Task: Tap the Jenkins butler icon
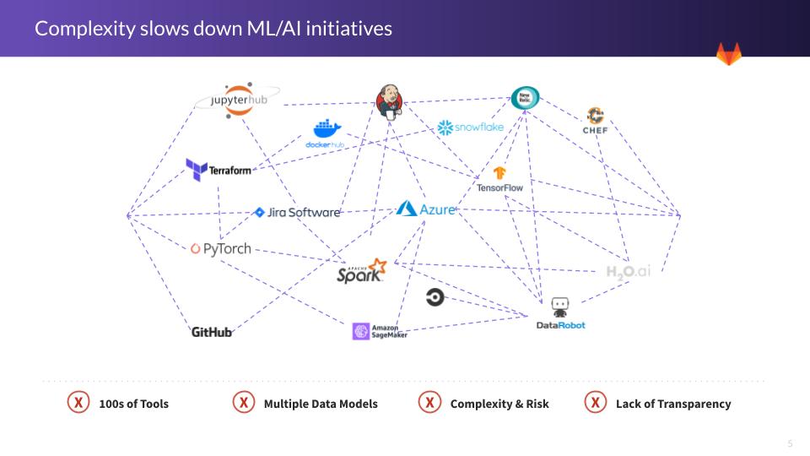click(389, 101)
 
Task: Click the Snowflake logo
click(470, 128)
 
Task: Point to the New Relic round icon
click(525, 98)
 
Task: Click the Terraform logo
click(219, 170)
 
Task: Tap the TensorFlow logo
click(499, 180)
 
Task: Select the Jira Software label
click(297, 213)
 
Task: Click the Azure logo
click(426, 209)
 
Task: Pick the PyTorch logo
click(221, 248)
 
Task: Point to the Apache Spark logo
click(361, 272)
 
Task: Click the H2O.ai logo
click(629, 272)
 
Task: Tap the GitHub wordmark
click(212, 332)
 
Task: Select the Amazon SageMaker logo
click(380, 331)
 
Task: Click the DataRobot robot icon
click(559, 306)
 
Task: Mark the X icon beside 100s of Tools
click(78, 403)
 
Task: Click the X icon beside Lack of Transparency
click(596, 403)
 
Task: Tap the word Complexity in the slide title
click(85, 29)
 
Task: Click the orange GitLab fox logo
click(729, 53)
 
